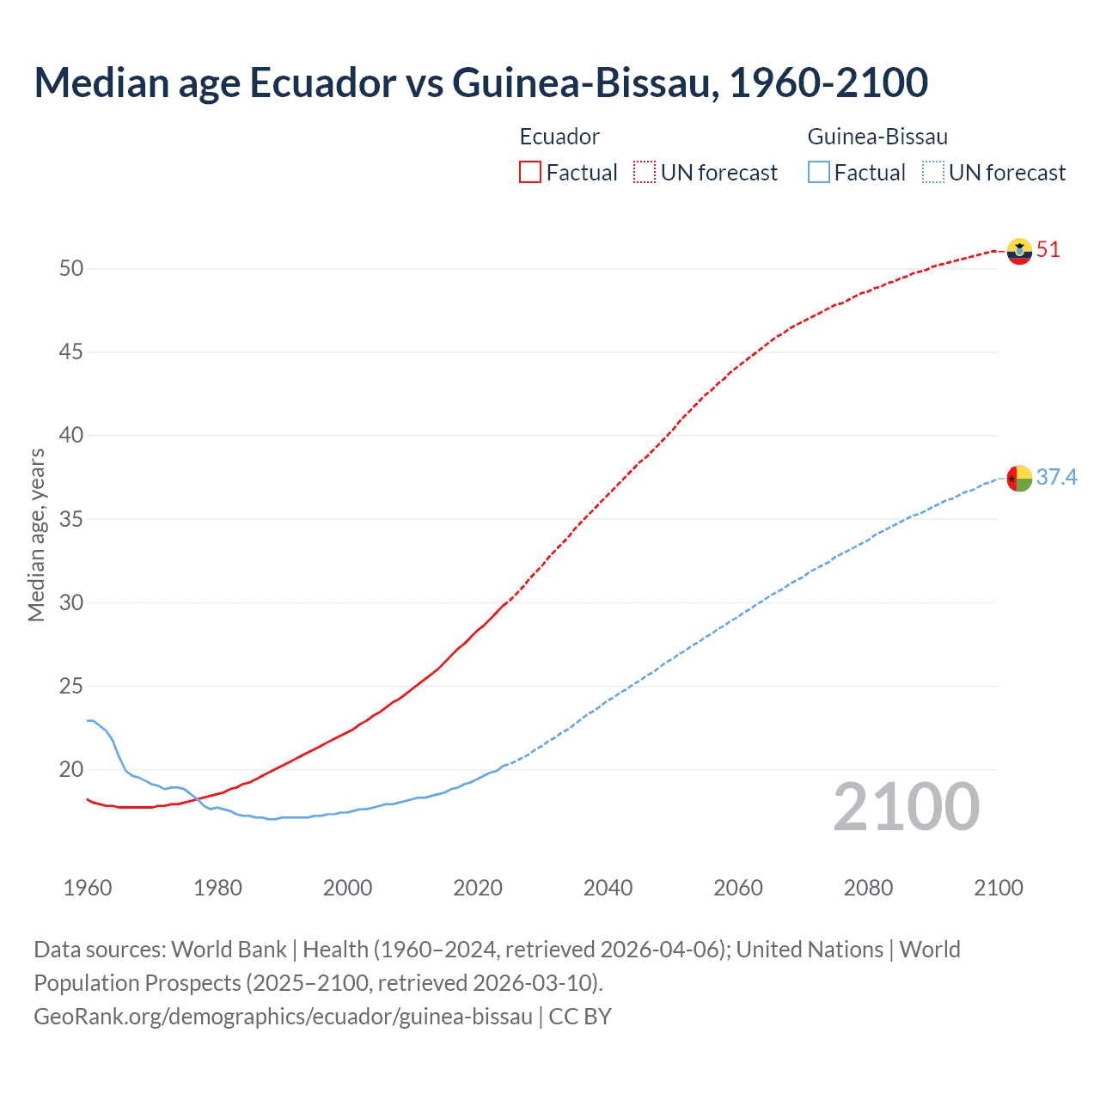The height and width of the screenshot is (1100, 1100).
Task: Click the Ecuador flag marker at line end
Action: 1019,251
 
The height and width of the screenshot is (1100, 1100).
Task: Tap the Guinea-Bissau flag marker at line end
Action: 1019,478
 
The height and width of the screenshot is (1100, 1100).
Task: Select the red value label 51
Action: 1048,250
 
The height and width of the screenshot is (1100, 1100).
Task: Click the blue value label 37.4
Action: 1056,477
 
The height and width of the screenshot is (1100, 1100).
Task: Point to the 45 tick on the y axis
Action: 71,352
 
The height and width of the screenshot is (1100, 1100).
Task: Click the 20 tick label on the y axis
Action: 71,770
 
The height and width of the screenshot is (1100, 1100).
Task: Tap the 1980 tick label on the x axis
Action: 217,888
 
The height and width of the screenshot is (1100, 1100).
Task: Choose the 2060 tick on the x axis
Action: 738,888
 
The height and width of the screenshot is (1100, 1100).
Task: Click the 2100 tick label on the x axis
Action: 998,888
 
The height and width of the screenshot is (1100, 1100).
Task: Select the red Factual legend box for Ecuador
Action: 530,173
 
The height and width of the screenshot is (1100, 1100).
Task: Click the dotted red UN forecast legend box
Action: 645,173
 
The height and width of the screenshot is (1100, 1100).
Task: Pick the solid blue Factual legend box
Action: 818,173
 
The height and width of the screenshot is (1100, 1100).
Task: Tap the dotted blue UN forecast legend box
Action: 932,173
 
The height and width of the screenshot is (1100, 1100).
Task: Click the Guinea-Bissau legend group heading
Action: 877,137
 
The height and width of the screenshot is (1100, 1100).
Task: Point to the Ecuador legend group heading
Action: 559,137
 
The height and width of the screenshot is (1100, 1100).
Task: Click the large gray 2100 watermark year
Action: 906,807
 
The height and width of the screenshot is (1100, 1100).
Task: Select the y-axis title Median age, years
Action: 36,535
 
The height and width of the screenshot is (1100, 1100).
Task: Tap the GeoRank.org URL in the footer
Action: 283,1017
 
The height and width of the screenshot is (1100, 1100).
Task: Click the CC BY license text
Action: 580,1017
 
